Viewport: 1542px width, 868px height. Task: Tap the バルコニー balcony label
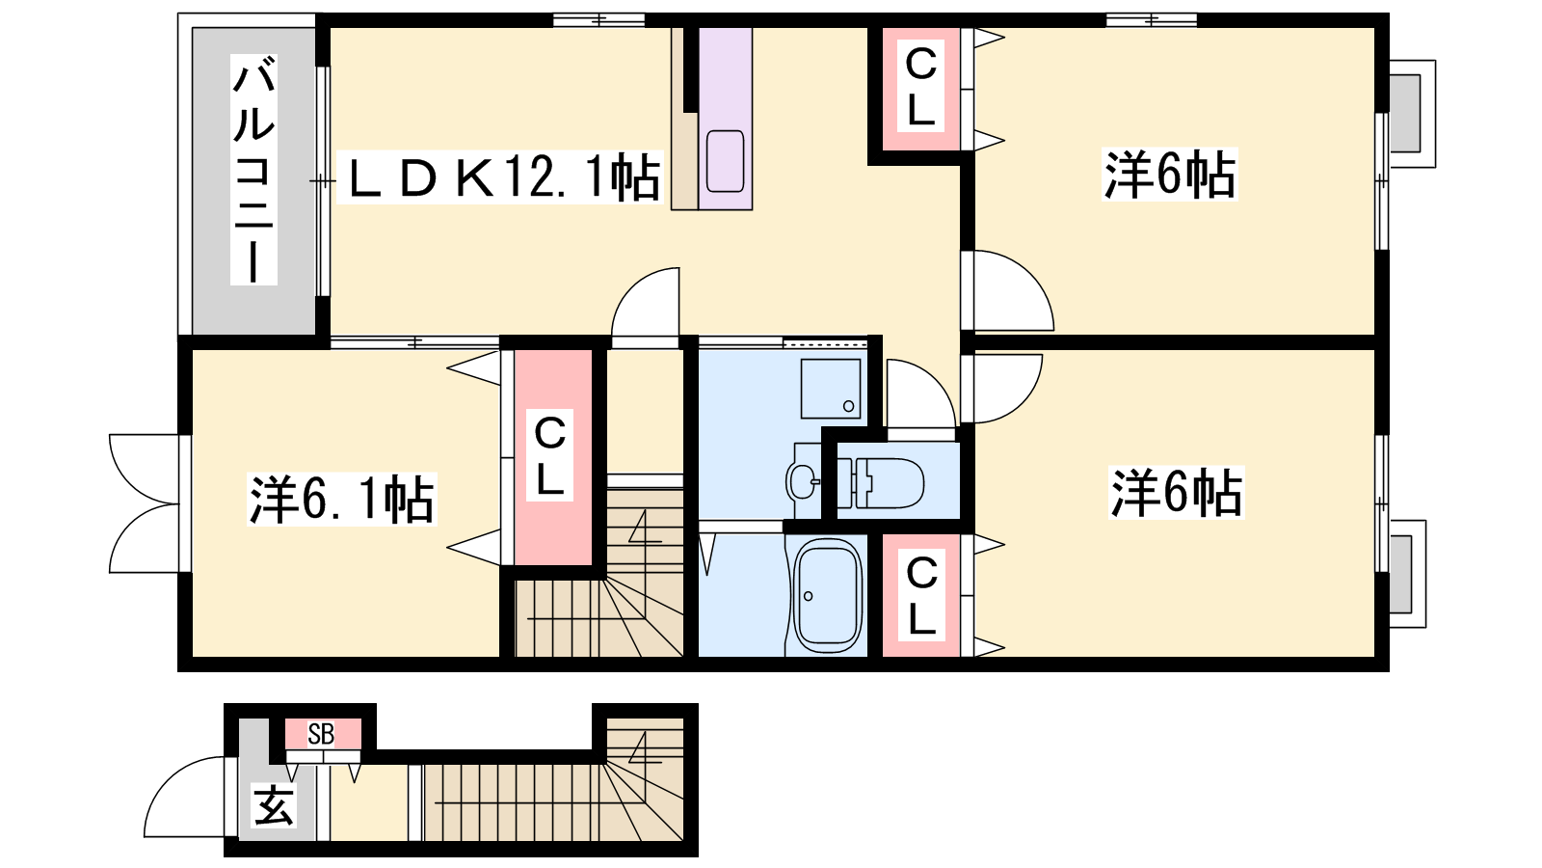[x=253, y=170]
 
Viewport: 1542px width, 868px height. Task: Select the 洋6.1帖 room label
[x=341, y=499]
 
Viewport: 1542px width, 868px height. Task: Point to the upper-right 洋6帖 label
[x=1170, y=174]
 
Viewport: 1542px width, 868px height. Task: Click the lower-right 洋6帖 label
[x=1176, y=492]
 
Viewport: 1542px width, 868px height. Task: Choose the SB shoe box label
[x=321, y=734]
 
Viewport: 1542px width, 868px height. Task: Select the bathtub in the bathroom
[x=828, y=595]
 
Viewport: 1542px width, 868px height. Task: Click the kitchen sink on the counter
[x=726, y=161]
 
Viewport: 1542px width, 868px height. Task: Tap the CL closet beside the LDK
[x=920, y=88]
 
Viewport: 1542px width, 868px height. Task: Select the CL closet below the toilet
[x=921, y=595]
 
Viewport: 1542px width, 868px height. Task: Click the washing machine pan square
[x=831, y=389]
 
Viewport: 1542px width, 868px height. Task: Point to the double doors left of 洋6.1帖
[x=144, y=502]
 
